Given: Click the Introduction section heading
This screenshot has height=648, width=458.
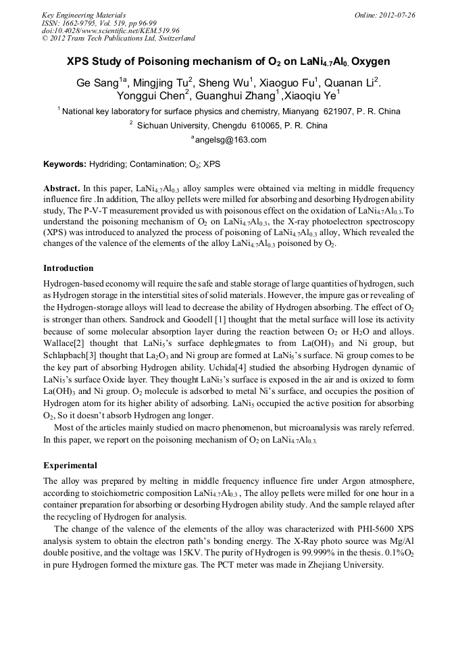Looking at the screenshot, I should click(x=68, y=268).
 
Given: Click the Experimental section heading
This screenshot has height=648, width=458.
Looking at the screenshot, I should click(x=70, y=466).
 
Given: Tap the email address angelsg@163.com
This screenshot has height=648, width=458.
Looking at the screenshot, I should click(x=230, y=140).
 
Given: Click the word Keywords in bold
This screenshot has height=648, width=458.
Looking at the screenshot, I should click(x=64, y=164).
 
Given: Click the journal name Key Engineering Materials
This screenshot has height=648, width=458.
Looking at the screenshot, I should click(x=83, y=15).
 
